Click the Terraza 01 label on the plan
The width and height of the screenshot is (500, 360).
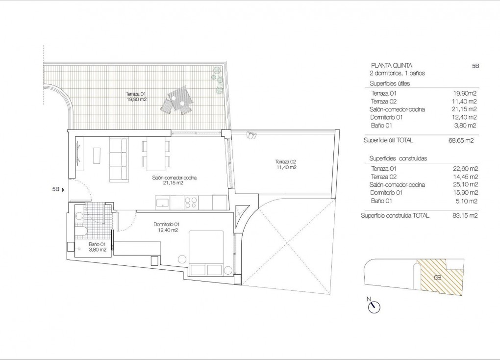point(136,97)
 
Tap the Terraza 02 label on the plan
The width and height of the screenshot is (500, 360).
point(285,164)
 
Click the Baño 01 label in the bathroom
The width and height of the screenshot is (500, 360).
point(97,247)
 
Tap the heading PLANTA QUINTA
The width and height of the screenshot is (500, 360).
point(391,65)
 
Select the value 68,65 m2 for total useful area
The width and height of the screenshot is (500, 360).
point(463,140)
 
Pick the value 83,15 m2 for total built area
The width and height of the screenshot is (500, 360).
point(465,215)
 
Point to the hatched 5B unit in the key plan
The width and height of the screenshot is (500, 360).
point(439,277)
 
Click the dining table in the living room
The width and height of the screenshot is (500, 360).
point(156,154)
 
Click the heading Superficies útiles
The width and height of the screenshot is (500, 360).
point(390,84)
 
